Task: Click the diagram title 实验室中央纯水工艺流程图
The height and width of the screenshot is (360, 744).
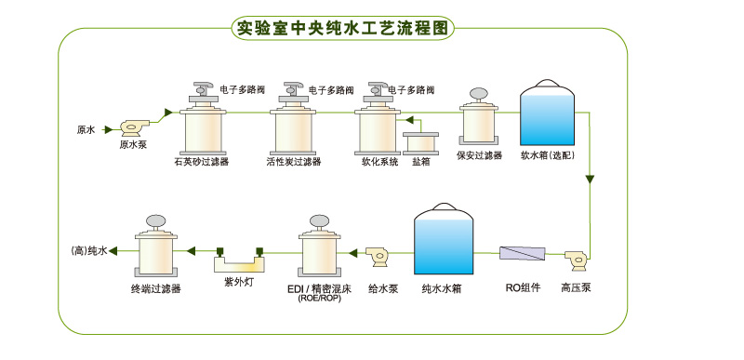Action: click(342, 29)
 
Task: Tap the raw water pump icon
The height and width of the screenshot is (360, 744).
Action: click(134, 128)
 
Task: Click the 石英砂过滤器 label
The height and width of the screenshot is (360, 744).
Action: click(201, 162)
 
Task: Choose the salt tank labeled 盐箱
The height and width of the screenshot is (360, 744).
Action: click(420, 143)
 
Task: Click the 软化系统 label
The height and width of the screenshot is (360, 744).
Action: click(377, 162)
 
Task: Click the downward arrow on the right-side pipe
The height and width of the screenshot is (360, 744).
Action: click(590, 180)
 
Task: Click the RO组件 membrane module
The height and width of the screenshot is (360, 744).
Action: click(523, 253)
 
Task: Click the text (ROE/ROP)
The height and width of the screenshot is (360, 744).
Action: click(319, 300)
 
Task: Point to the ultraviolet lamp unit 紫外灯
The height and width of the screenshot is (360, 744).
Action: click(239, 260)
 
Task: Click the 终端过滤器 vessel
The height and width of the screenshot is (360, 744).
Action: click(155, 247)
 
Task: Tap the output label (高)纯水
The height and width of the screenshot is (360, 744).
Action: click(89, 251)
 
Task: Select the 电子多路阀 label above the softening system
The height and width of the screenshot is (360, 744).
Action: click(411, 89)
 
